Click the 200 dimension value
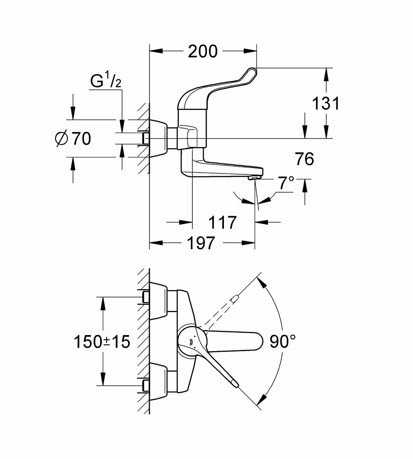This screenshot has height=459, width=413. click(202, 51)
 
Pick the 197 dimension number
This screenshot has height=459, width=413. click(201, 243)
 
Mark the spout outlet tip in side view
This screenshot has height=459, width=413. click(254, 178)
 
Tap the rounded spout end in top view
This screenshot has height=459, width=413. click(257, 341)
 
